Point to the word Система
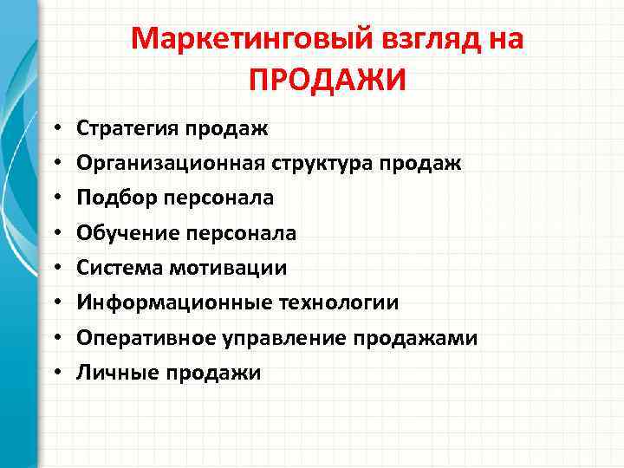pyautogui.click(x=112, y=268)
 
